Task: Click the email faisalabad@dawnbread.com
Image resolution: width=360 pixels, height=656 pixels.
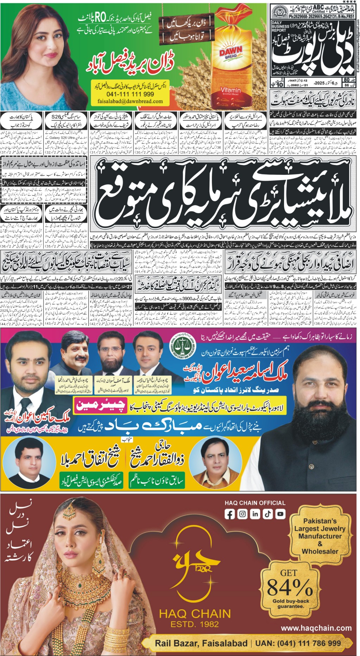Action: click(130, 101)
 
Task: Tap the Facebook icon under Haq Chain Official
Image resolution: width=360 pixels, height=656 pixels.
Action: click(229, 514)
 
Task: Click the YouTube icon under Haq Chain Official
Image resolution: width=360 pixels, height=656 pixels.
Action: click(280, 514)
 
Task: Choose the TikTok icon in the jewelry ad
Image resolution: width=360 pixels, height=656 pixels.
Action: click(268, 514)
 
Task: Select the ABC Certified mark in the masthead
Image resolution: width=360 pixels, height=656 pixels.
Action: click(318, 9)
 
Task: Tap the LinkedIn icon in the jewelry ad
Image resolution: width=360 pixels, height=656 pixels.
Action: click(255, 514)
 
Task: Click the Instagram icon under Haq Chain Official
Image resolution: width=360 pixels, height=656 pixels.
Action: click(242, 514)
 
